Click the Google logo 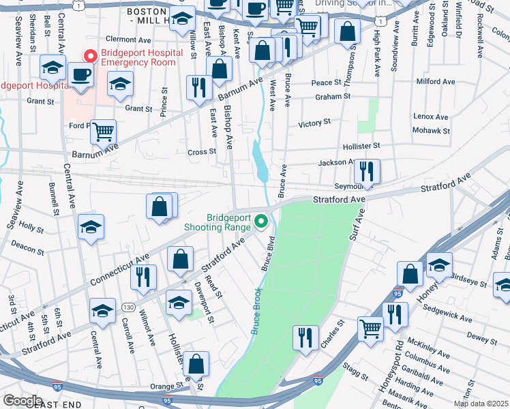[22, 401]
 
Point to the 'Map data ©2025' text [481, 404]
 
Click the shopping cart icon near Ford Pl [103, 132]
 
